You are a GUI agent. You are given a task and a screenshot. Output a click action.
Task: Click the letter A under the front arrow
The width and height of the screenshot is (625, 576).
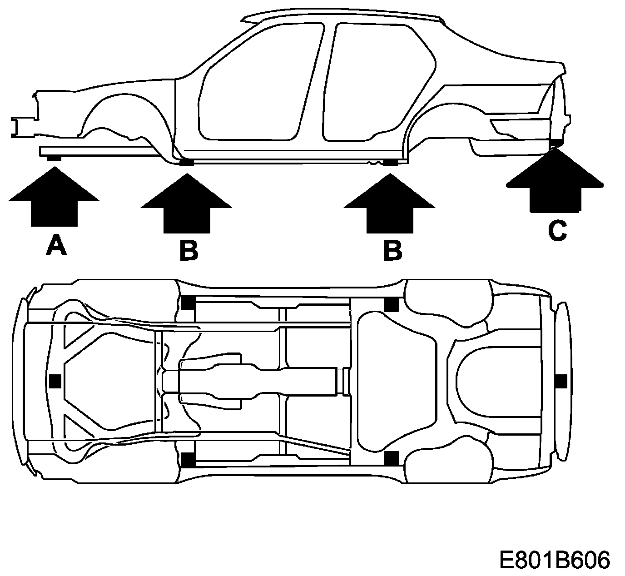[x=56, y=246]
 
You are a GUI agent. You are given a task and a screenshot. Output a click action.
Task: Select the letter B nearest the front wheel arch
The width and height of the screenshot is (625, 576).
[x=188, y=250]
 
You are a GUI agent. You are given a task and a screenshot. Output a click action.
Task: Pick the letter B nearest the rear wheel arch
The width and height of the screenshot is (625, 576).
[x=393, y=250]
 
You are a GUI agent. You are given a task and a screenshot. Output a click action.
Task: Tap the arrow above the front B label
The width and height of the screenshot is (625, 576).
[x=186, y=204]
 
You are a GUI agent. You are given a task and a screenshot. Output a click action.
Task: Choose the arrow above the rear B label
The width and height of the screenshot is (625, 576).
[x=390, y=204]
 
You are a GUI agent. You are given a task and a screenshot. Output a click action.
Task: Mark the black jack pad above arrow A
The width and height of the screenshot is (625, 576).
[x=54, y=158]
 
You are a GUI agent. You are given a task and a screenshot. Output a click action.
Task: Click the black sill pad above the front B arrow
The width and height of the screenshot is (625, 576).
[x=186, y=163]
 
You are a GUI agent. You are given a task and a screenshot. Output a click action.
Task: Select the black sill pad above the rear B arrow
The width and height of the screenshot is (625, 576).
[x=390, y=163]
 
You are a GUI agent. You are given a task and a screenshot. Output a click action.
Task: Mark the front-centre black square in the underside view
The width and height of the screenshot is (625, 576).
[x=55, y=381]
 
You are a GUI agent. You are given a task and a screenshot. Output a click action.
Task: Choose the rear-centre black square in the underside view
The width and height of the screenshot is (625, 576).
[x=561, y=381]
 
